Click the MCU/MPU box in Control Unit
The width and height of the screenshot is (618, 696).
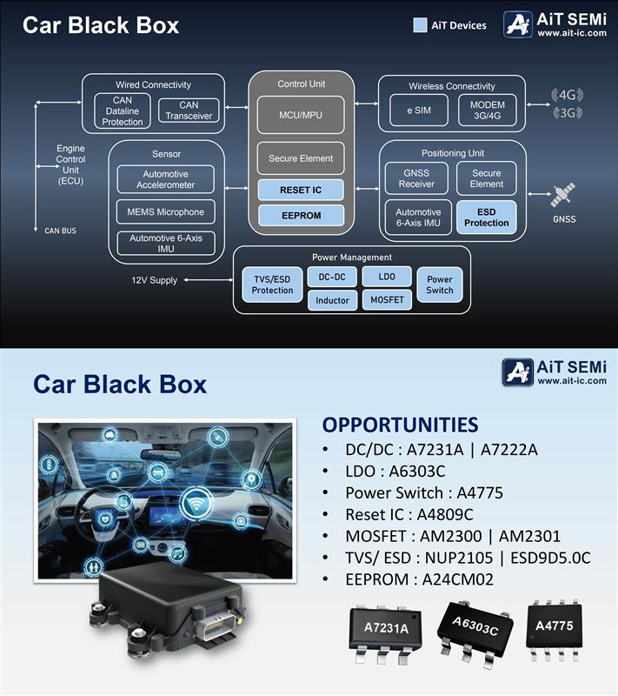point(301,115)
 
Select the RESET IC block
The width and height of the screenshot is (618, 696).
point(301,190)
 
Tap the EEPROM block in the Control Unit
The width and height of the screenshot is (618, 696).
point(301,215)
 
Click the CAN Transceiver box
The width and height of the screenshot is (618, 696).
point(189,110)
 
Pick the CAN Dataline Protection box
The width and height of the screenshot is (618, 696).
point(123,111)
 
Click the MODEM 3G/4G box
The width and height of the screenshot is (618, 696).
point(487,110)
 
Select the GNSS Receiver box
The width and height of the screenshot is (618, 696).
point(416,178)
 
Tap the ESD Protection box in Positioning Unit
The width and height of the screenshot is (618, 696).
point(486,217)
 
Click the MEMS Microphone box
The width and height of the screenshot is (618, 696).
point(165,211)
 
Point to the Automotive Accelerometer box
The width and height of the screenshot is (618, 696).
point(165,179)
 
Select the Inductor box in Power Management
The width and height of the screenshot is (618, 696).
point(332,300)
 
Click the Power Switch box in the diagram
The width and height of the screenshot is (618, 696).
point(439,284)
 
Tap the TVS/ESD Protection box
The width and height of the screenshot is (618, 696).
point(272,284)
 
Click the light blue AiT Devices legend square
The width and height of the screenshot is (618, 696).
point(420,25)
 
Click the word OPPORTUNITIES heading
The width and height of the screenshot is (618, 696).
point(400,425)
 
